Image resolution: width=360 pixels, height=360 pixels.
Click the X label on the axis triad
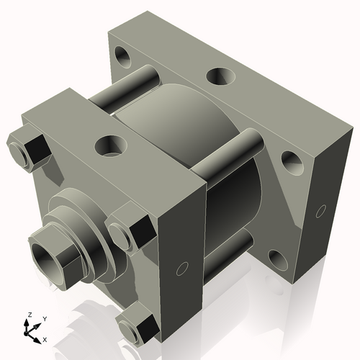[x=45, y=338]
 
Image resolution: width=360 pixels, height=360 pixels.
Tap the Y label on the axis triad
[x=44, y=318]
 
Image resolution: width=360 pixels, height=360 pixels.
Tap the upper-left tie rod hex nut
[x=30, y=150]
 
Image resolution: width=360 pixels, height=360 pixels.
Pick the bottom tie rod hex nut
[x=138, y=328]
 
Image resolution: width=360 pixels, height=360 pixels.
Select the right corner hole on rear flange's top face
[x=292, y=162]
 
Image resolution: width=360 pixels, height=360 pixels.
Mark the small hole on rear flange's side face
[x=320, y=212]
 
